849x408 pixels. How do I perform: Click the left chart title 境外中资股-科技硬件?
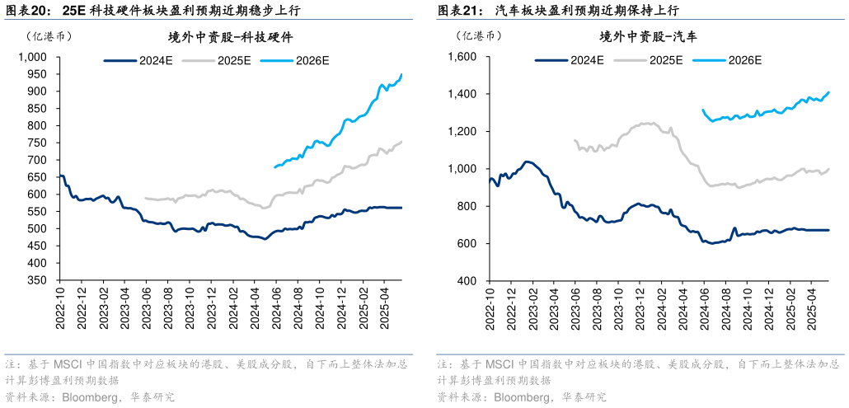coord(231,37)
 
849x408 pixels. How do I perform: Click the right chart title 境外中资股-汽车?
coord(649,37)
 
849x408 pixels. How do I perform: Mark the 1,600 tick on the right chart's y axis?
coord(462,57)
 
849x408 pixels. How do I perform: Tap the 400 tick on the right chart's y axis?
coord(467,281)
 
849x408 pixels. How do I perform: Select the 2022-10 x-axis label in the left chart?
coord(60,308)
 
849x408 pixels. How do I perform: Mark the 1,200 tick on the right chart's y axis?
coord(462,132)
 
